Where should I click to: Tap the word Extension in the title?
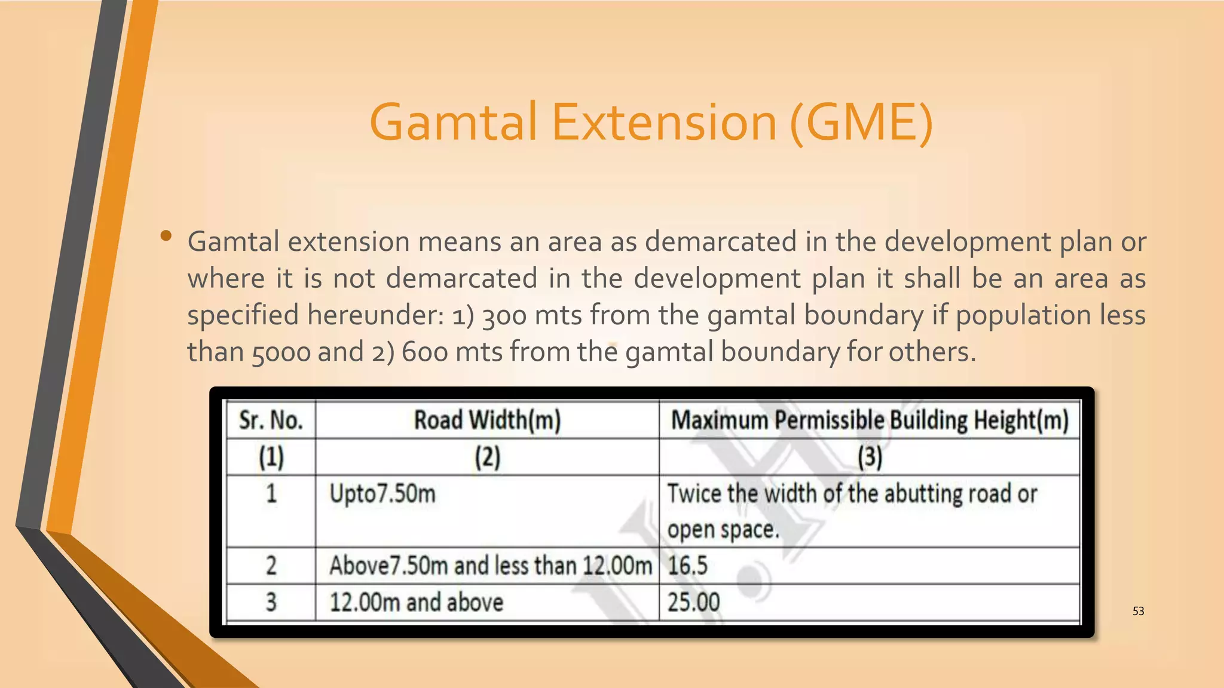[663, 122]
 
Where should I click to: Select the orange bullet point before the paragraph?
[166, 236]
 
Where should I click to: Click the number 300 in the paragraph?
[504, 316]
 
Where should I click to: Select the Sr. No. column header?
[271, 420]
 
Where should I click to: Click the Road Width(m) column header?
[487, 420]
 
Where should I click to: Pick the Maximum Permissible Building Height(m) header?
[870, 420]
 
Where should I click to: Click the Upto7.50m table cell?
[382, 494]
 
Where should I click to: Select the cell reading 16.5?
[687, 566]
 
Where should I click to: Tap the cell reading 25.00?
[693, 602]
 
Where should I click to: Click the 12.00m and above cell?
[417, 602]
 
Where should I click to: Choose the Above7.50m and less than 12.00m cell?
[490, 566]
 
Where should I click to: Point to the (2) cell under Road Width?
[487, 457]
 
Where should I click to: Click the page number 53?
[1138, 611]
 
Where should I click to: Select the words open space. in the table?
[723, 530]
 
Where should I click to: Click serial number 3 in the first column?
[271, 602]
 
